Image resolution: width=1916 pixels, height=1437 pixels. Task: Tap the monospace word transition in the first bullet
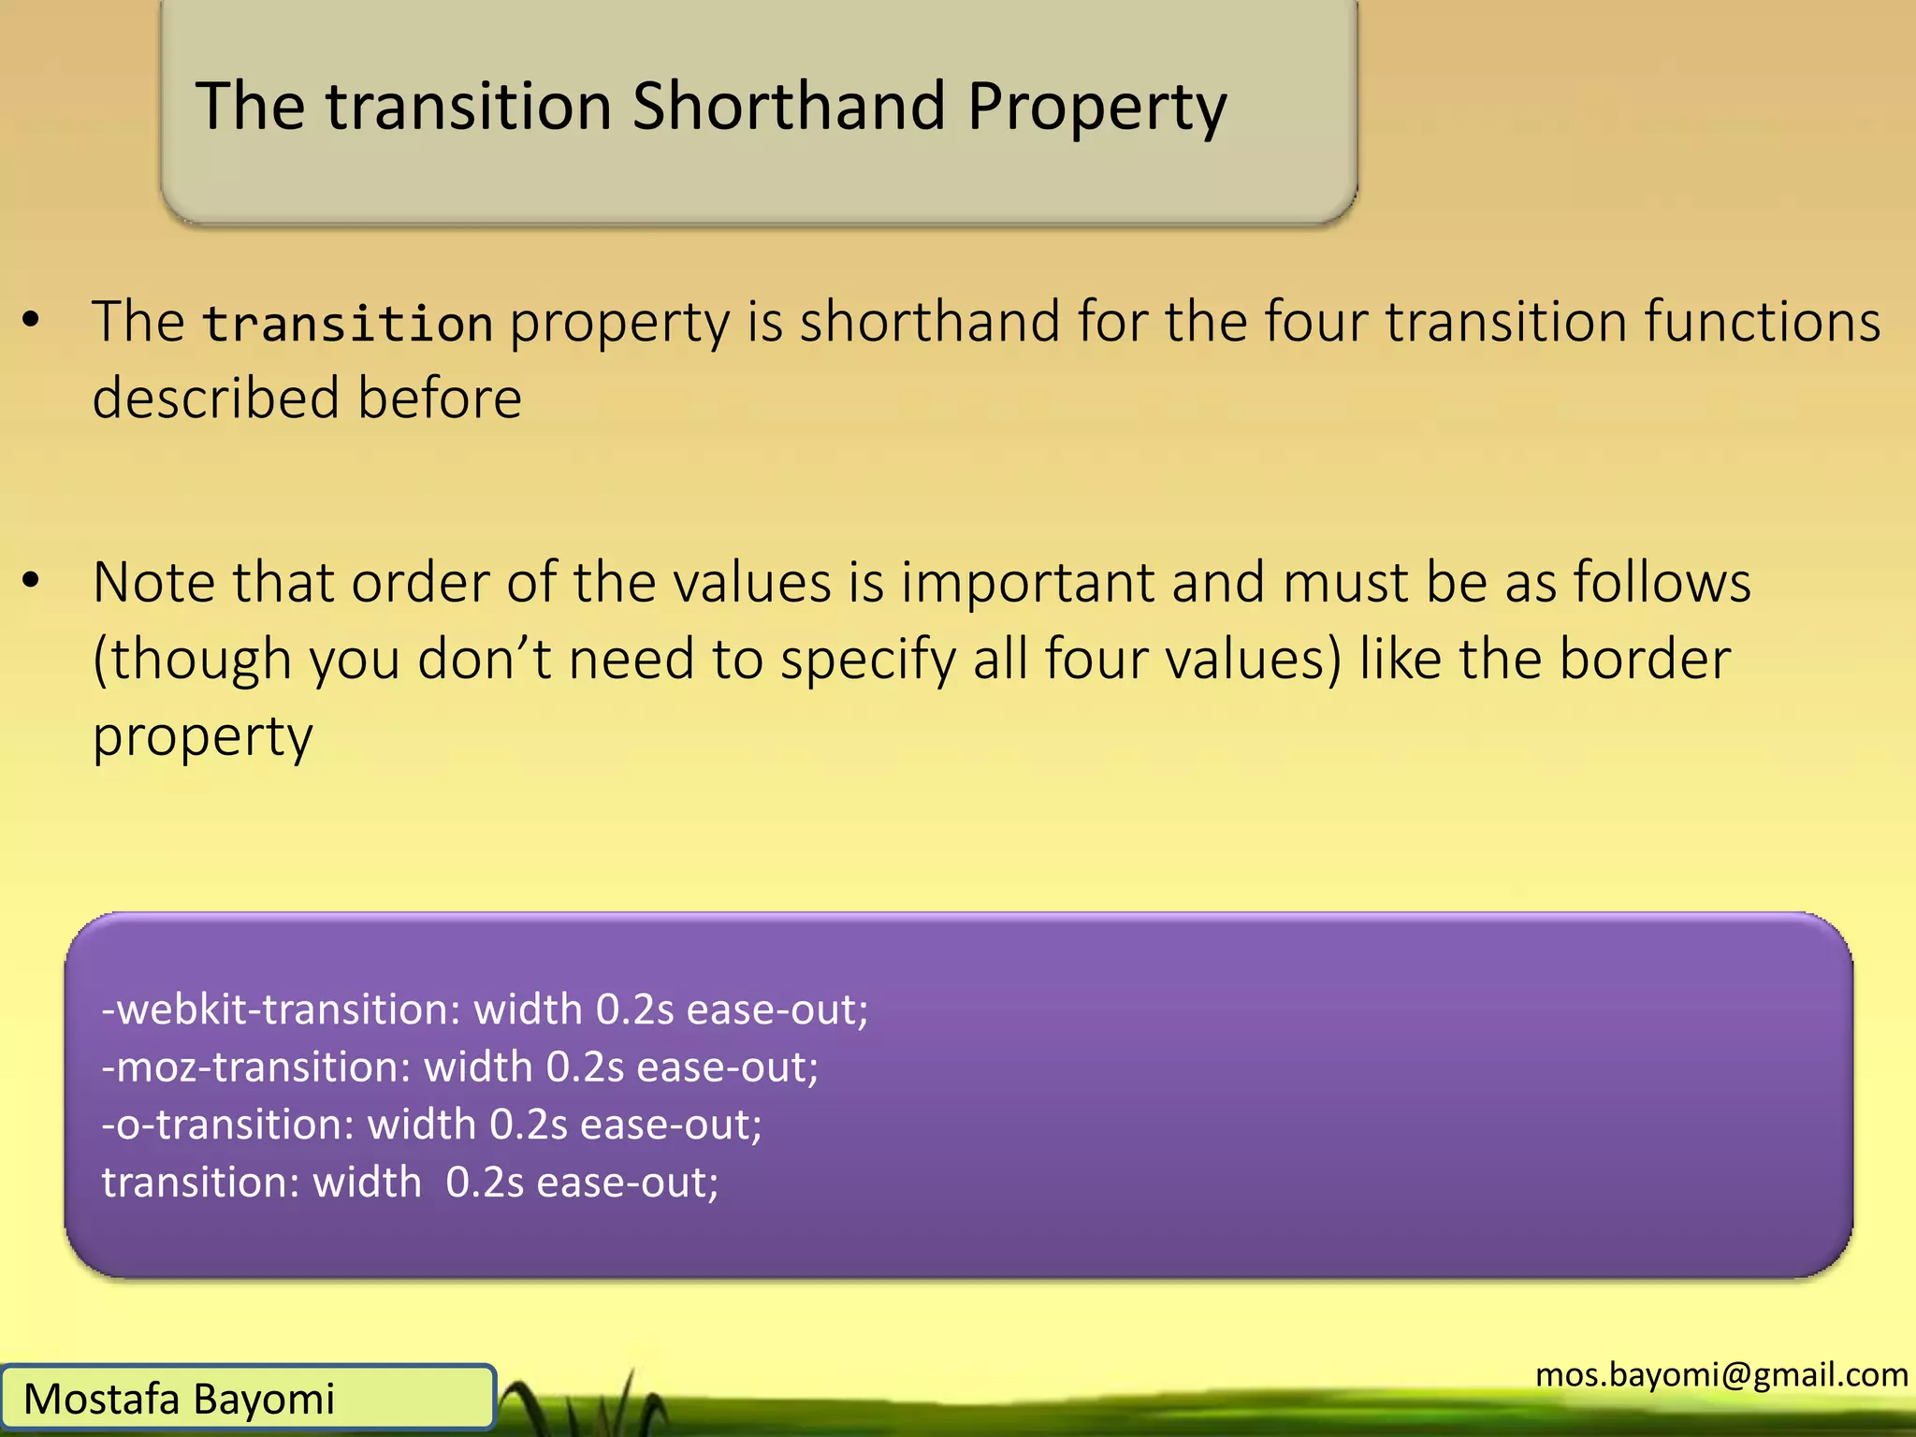[x=348, y=324]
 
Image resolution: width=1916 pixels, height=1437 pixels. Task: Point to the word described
[x=215, y=398]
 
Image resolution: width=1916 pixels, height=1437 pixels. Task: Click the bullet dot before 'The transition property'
[x=32, y=320]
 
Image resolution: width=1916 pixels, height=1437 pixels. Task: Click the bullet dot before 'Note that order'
[x=32, y=580]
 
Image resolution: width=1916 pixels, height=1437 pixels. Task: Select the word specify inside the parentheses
[x=868, y=660]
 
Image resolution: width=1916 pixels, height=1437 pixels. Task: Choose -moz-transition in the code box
[x=255, y=1067]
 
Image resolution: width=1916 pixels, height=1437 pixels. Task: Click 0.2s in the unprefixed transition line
[x=485, y=1182]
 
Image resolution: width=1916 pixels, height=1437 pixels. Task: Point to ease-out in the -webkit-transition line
[x=777, y=1009]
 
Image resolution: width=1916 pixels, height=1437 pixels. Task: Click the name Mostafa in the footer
[x=101, y=1399]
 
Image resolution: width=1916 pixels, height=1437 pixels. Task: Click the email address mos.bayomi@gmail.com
[x=1721, y=1374]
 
